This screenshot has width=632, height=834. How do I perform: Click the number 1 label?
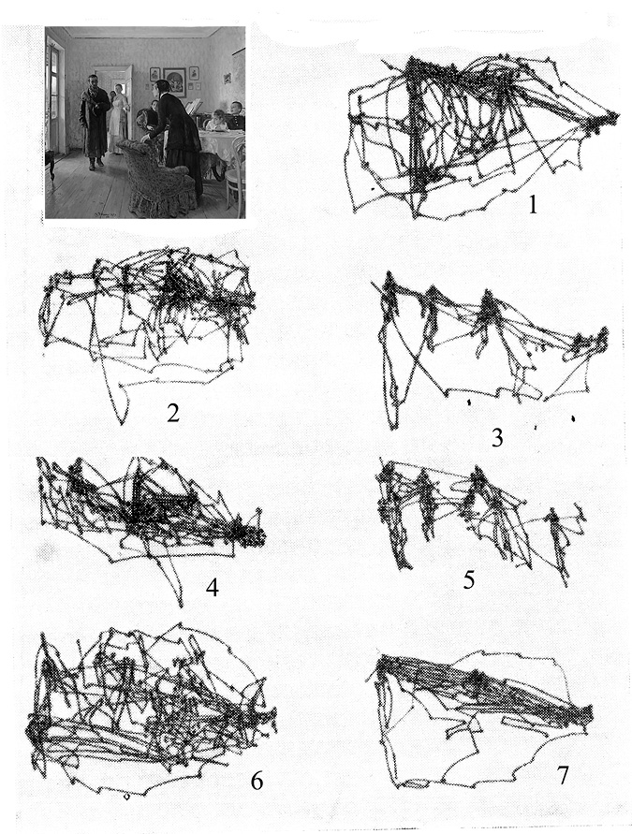pyautogui.click(x=533, y=204)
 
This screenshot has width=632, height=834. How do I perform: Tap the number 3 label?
pyautogui.click(x=497, y=438)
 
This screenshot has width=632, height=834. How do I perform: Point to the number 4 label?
pyautogui.click(x=213, y=587)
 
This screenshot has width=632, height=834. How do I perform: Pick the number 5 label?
pyautogui.click(x=469, y=579)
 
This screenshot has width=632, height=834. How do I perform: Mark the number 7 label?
pyautogui.click(x=563, y=775)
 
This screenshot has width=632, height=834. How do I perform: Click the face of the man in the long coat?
pyautogui.click(x=94, y=82)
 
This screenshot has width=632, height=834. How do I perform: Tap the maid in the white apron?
pyautogui.click(x=116, y=120)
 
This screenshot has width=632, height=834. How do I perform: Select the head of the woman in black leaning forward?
pyautogui.click(x=160, y=88)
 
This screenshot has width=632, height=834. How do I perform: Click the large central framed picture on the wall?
pyautogui.click(x=174, y=82)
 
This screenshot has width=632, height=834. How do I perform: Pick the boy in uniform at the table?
pyautogui.click(x=235, y=114)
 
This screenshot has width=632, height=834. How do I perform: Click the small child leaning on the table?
pyautogui.click(x=216, y=120)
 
